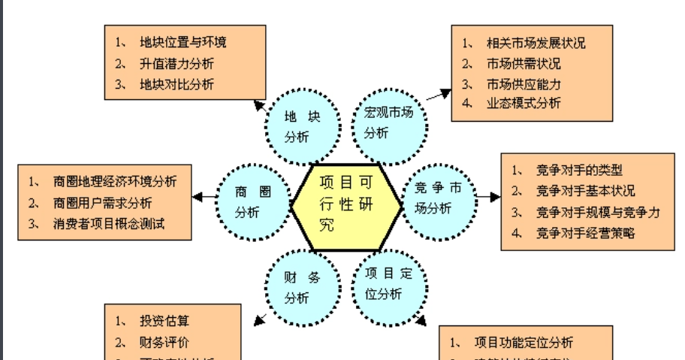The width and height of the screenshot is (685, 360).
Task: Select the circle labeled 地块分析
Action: point(302,127)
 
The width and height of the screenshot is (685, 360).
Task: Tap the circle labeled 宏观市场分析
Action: point(388,123)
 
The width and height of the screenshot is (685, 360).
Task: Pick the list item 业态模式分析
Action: point(524,104)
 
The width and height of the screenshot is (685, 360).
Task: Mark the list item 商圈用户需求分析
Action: point(102,203)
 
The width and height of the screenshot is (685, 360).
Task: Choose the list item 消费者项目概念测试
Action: point(108,223)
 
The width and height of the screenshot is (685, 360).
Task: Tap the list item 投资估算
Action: point(164,321)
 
